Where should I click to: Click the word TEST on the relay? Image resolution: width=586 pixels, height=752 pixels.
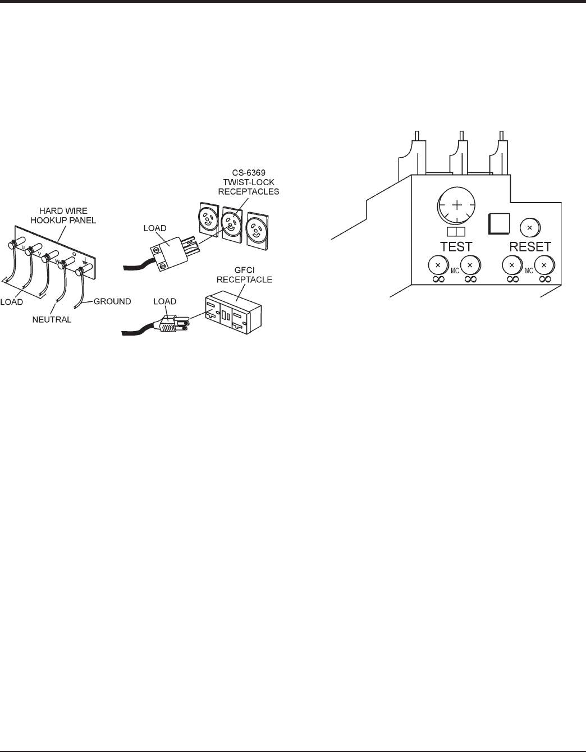tap(456, 246)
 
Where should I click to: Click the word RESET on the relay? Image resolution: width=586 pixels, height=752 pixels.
tap(529, 246)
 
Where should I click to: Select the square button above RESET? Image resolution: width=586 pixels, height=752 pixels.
tap(498, 223)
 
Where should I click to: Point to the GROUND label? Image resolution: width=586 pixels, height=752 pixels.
tap(112, 301)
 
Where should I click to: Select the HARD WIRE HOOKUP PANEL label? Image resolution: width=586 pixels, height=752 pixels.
tap(71, 215)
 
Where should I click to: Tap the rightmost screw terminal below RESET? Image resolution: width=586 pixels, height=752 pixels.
tap(544, 264)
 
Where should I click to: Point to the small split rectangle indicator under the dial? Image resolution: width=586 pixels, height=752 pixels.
tap(456, 232)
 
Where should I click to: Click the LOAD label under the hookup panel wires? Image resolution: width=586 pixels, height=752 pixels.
tap(12, 301)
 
